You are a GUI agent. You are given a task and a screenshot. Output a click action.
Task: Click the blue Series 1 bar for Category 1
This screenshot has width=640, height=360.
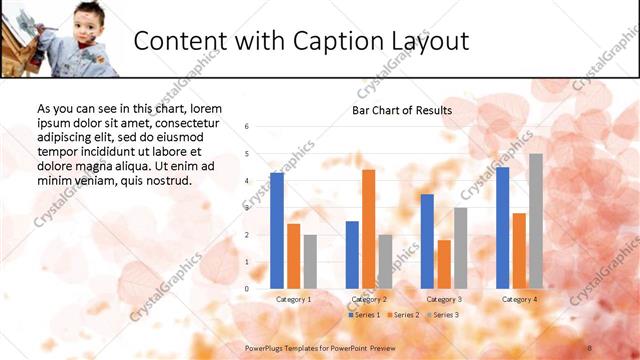pyautogui.click(x=277, y=230)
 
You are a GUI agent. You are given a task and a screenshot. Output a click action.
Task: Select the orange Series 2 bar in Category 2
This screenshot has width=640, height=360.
pyautogui.click(x=368, y=228)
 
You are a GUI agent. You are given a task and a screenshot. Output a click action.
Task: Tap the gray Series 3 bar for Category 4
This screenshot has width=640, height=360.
pyautogui.click(x=536, y=220)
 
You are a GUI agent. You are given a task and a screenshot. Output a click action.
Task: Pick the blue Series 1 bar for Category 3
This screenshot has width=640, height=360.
pyautogui.click(x=427, y=240)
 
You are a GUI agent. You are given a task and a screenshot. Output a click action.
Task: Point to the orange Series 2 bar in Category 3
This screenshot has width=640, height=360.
pyautogui.click(x=444, y=263)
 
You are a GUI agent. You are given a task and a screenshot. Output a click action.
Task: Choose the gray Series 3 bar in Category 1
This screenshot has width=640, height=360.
pyautogui.click(x=310, y=261)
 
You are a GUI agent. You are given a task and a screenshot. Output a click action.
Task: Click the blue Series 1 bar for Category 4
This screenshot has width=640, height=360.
pyautogui.click(x=502, y=227)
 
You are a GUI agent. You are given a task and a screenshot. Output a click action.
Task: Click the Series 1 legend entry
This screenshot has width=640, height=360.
pyautogui.click(x=364, y=315)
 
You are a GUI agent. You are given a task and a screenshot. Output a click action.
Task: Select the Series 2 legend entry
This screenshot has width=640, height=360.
pyautogui.click(x=403, y=315)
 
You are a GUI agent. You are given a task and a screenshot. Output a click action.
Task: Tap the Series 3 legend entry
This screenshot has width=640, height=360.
pyautogui.click(x=442, y=315)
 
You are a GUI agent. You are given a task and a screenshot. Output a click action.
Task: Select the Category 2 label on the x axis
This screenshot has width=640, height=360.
pyautogui.click(x=369, y=299)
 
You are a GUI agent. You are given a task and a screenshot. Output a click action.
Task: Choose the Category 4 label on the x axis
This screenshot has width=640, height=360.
pyautogui.click(x=519, y=299)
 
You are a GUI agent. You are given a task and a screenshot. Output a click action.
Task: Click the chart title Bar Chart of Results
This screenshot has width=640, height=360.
pyautogui.click(x=401, y=110)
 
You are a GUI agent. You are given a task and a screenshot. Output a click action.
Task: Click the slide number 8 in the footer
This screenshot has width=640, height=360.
pyautogui.click(x=590, y=347)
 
